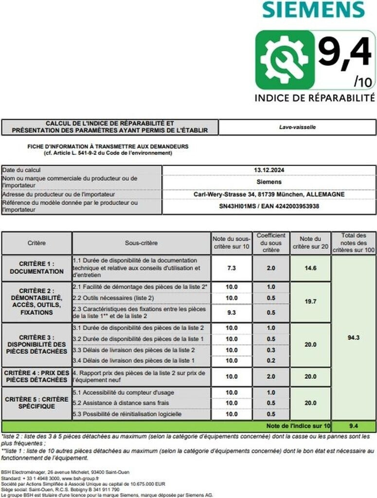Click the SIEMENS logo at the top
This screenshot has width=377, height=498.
tap(313, 10)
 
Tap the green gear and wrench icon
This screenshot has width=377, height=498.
tap(284, 59)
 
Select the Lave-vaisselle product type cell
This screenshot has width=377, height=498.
tap(297, 127)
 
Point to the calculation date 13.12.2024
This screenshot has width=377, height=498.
tap(269, 170)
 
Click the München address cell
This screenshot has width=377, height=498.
tap(269, 194)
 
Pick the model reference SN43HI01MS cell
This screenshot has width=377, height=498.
tap(269, 206)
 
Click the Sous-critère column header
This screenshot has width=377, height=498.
tap(141, 243)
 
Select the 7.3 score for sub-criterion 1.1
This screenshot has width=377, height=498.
tap(232, 268)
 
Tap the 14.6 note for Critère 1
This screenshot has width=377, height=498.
tap(310, 268)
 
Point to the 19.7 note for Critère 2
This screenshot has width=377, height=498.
tap(310, 302)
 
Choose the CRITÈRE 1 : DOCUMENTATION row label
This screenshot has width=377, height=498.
tap(36, 268)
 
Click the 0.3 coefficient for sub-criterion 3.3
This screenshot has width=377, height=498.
tap(271, 350)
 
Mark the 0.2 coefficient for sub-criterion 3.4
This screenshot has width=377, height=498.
tap(271, 360)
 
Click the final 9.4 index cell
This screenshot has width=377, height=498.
tap(354, 426)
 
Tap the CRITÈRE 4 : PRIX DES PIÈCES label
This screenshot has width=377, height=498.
tap(36, 376)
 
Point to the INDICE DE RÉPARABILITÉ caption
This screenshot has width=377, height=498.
tap(315, 98)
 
